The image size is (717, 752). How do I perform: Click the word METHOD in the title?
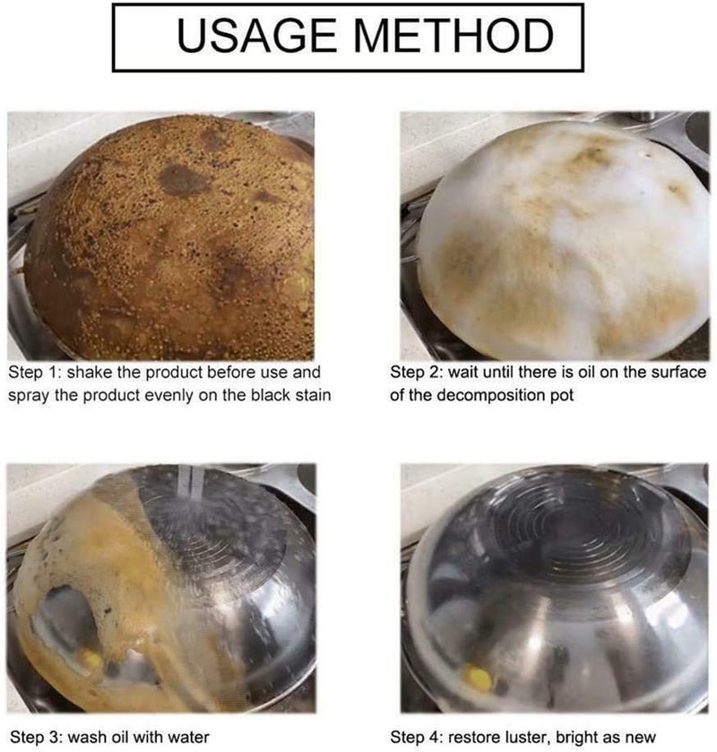[x=454, y=36]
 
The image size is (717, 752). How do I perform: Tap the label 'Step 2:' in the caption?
[x=416, y=373]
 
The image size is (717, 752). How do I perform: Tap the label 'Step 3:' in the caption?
[x=36, y=737]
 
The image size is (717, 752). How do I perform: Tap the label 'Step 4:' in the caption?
[x=416, y=737]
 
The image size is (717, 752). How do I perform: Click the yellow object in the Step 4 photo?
[x=479, y=678]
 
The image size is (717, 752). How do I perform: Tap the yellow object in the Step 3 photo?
[x=91, y=661]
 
